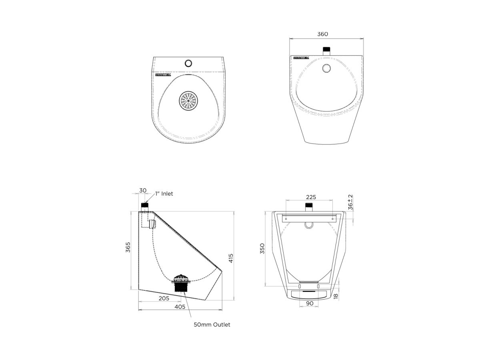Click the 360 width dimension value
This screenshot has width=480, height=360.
point(322,34)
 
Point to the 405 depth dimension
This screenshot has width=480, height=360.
point(180,307)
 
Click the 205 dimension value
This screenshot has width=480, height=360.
point(164,298)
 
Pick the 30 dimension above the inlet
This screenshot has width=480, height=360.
point(143,190)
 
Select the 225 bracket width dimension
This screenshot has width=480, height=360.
point(311,197)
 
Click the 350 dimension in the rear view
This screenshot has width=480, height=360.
point(262,248)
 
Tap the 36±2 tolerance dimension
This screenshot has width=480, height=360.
point(350,202)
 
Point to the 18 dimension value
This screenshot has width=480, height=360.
point(336,296)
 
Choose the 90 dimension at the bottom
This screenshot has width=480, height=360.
point(310,304)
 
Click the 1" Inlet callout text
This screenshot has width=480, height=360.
point(164,194)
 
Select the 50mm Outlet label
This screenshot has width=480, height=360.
point(212,324)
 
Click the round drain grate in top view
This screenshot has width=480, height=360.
point(188,101)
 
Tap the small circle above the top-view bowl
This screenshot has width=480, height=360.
point(188,63)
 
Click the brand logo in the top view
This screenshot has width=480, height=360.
point(163,74)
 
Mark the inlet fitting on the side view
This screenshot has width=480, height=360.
point(145,206)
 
